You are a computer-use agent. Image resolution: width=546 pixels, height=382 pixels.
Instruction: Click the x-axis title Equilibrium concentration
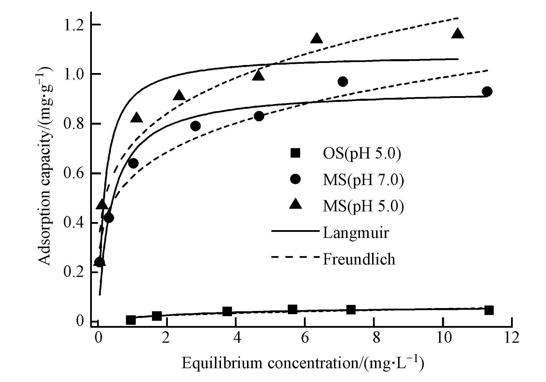click(x=303, y=364)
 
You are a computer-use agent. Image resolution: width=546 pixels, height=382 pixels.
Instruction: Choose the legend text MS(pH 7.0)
click(x=363, y=180)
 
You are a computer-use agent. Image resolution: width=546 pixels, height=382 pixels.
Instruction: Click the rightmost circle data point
click(x=487, y=92)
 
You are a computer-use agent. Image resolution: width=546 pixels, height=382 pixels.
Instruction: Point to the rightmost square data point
click(x=489, y=310)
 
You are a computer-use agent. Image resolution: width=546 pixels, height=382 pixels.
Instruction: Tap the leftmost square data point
click(x=131, y=320)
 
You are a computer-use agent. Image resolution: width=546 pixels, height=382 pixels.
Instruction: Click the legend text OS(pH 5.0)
click(x=362, y=154)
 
